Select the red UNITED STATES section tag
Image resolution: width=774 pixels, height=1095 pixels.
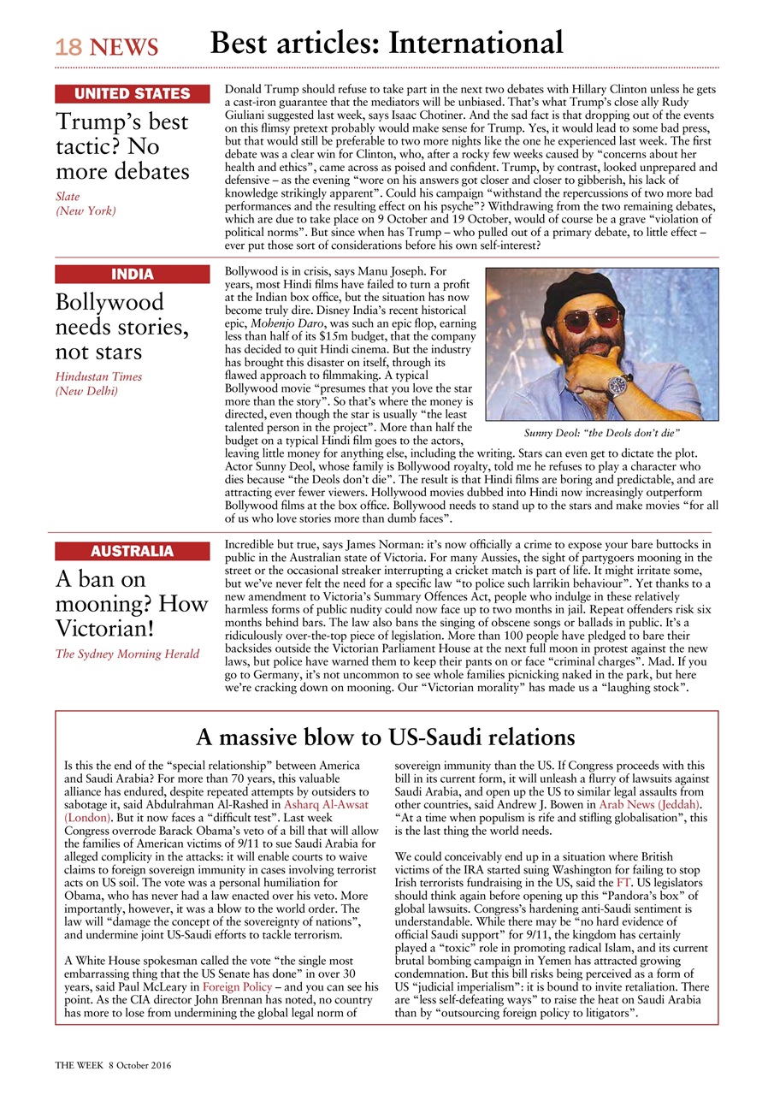[x=132, y=94]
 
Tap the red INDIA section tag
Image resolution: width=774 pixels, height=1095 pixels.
[x=132, y=275]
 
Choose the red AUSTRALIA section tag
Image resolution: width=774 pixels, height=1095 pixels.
[x=132, y=552]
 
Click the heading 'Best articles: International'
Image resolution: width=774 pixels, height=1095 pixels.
[x=387, y=43]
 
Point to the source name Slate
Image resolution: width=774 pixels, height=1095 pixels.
[x=68, y=197]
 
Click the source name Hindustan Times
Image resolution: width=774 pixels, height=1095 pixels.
[x=98, y=376]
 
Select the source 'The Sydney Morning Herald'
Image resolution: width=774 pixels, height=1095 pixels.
[x=127, y=654]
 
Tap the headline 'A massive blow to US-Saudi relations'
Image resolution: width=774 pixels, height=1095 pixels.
[x=385, y=737]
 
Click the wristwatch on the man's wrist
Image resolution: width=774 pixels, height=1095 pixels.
[x=618, y=384]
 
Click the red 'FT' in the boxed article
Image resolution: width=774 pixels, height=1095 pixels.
[x=623, y=880]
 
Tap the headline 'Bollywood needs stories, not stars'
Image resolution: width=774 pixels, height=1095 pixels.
[x=121, y=327]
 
